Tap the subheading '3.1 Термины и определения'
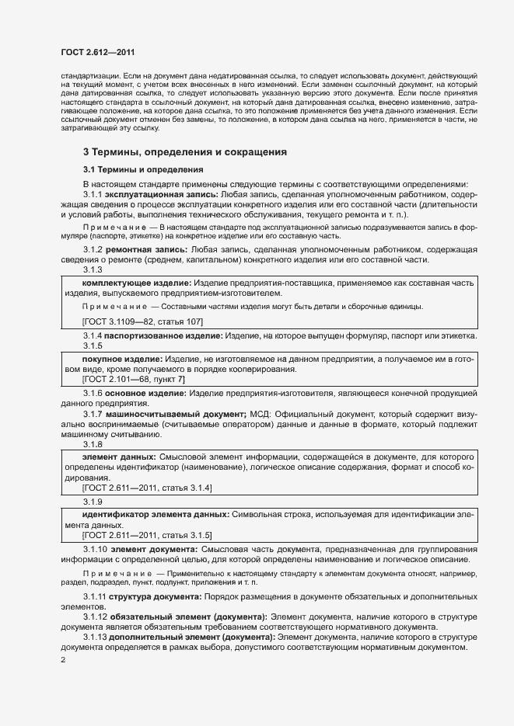point(143,170)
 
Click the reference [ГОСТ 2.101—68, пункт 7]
point(134,379)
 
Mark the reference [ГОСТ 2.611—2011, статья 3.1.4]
point(147,487)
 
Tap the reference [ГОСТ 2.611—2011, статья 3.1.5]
point(147,535)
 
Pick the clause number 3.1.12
point(95,617)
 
